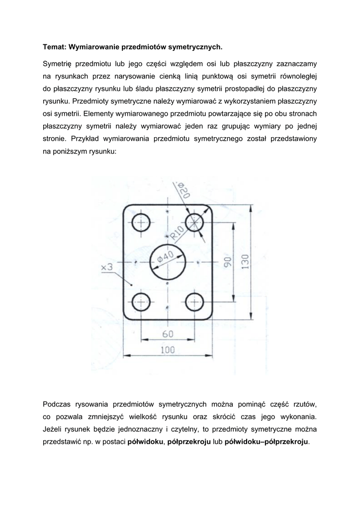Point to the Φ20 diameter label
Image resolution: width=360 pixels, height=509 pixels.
(x=183, y=191)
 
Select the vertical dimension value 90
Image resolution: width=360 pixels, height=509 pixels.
(x=228, y=262)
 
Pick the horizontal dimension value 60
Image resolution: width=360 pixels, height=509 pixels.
(x=168, y=333)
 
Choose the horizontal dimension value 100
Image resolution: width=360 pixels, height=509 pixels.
(x=168, y=349)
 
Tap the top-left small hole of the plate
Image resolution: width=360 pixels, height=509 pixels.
(x=142, y=222)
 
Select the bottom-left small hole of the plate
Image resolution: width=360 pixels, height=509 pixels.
(x=142, y=301)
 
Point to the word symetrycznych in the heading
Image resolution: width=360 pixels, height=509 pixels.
(x=194, y=47)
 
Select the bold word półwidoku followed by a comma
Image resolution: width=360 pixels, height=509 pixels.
(x=145, y=441)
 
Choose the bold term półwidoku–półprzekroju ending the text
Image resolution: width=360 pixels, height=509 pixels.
(x=267, y=441)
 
